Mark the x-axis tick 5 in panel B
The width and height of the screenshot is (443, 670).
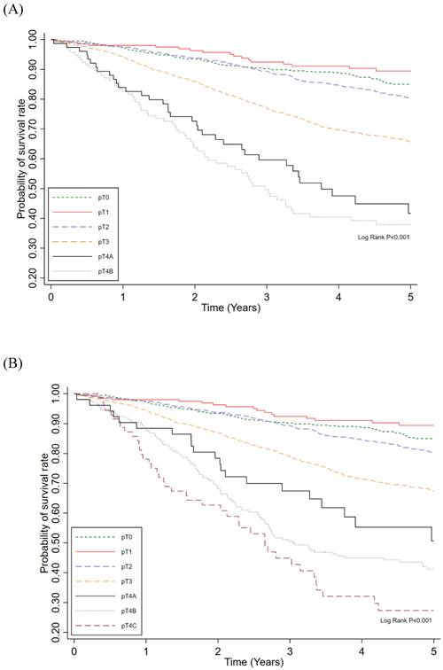click(434, 650)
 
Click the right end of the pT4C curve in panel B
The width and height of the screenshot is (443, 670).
click(431, 611)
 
